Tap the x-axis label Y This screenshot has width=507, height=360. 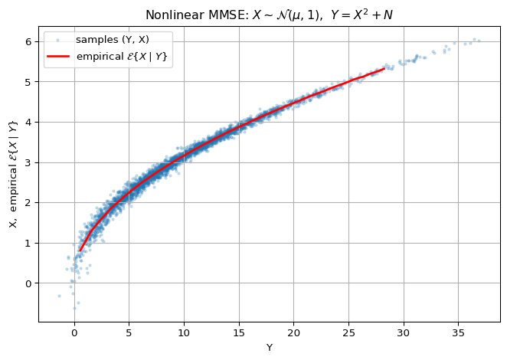269,348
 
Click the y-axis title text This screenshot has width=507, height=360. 13,174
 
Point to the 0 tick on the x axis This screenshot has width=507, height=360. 74,333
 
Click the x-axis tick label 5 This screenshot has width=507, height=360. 129,333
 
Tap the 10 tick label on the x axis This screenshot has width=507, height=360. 184,333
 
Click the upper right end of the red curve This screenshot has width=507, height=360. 384,69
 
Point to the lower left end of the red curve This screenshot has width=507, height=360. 80,250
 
